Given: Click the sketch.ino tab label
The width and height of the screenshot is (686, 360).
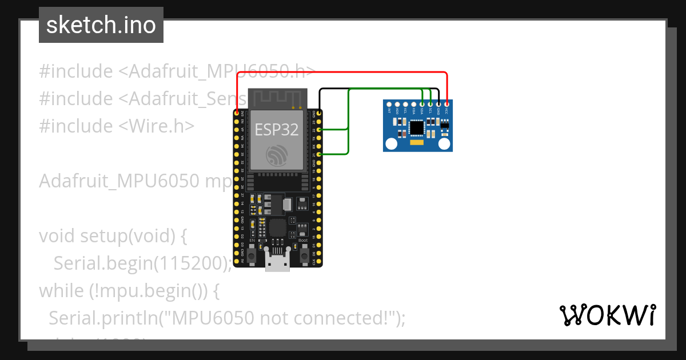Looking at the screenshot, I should click(x=101, y=25).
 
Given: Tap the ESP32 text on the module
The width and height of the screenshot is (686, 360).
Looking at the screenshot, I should click(x=277, y=130).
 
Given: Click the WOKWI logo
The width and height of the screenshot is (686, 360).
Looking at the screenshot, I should click(x=607, y=315).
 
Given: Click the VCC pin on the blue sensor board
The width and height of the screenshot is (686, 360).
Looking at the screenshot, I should click(x=446, y=104).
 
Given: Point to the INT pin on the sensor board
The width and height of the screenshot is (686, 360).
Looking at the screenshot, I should click(x=390, y=104).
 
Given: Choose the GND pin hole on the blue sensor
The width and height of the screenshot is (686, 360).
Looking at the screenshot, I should click(x=438, y=104).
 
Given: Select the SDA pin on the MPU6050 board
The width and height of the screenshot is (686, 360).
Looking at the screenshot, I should click(x=422, y=104).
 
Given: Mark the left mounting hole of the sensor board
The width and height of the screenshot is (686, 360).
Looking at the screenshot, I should click(x=392, y=145).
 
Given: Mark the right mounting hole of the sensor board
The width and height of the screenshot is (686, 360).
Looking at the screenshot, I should click(x=444, y=145).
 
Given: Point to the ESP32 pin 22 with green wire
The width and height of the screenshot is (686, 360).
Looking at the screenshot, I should click(x=318, y=130).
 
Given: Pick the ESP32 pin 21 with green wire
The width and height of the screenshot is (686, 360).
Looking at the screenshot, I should click(x=318, y=154).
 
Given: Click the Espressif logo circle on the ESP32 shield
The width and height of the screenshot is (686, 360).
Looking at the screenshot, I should click(x=277, y=154).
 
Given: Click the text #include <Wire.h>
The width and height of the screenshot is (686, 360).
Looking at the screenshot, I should click(x=117, y=126).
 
